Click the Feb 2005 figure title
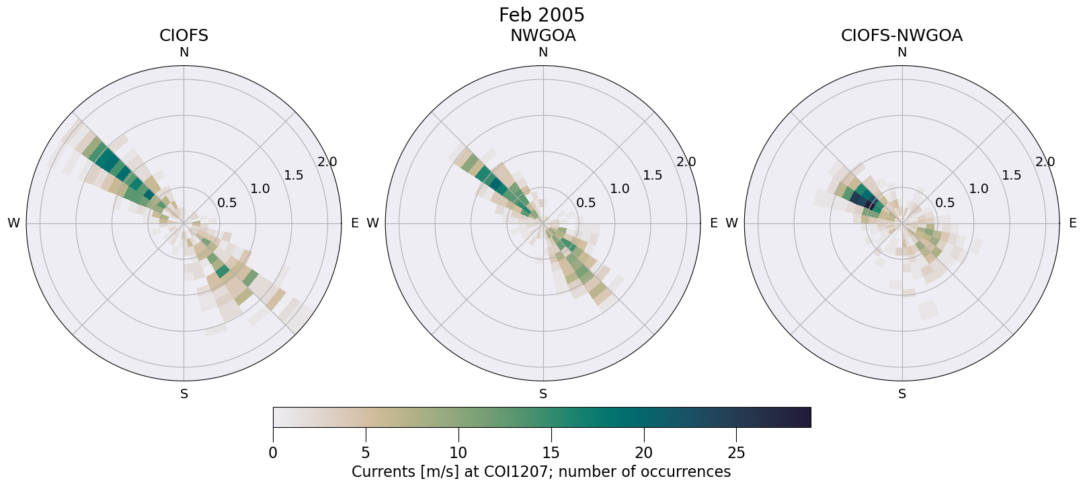[541, 15]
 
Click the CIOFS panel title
[184, 36]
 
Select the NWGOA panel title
[543, 36]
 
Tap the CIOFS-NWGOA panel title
[901, 36]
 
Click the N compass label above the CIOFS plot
[184, 52]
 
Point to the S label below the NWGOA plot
[543, 394]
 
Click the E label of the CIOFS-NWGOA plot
[1072, 223]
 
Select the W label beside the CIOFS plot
[13, 223]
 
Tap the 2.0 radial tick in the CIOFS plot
[327, 162]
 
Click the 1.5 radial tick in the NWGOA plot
[652, 176]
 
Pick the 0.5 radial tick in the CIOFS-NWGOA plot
[945, 202]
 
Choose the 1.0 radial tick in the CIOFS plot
[260, 189]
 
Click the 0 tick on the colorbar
[273, 453]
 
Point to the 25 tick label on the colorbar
[736, 453]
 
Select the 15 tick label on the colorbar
[551, 453]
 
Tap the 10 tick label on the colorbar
[458, 453]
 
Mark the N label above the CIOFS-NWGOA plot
[902, 52]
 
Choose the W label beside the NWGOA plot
[372, 223]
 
